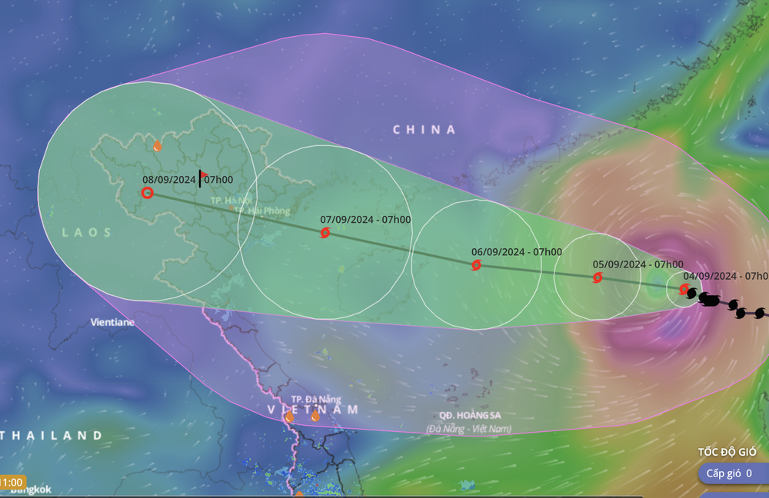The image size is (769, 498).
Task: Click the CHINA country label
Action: (424, 130)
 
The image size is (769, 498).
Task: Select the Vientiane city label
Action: (112, 322)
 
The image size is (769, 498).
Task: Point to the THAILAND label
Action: (52, 436)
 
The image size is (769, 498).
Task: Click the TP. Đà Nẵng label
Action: (315, 400)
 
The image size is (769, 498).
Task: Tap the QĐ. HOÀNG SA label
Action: (470, 414)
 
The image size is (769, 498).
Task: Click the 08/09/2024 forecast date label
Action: (169, 180)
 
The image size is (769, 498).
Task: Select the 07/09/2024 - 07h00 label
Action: (365, 219)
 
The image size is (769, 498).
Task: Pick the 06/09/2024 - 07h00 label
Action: (516, 251)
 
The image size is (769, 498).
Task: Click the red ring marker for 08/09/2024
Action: (147, 193)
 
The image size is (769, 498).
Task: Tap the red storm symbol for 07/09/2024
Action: (325, 232)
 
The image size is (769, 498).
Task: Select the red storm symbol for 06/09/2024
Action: (476, 265)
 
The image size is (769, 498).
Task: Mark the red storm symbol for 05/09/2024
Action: (598, 277)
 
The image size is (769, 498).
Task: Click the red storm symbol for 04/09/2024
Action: (684, 289)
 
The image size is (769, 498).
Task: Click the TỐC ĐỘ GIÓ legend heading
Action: (727, 451)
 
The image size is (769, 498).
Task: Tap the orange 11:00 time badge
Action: (12, 482)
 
